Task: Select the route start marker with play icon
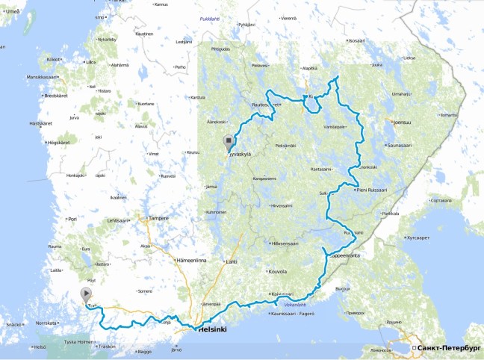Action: pyautogui.click(x=85, y=294)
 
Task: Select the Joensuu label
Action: pyautogui.click(x=402, y=122)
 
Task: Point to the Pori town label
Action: pyautogui.click(x=72, y=220)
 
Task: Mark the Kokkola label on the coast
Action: pyautogui.click(x=53, y=59)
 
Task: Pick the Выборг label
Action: pyautogui.click(x=343, y=288)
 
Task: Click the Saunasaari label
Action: pyautogui.click(x=422, y=146)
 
